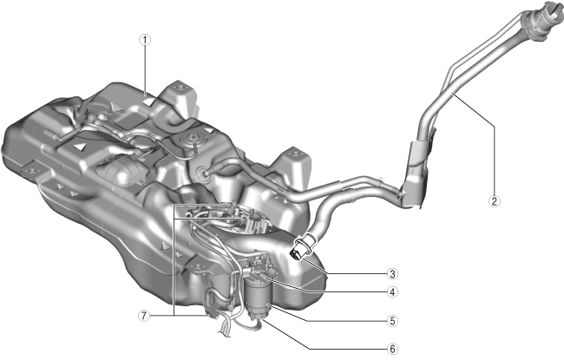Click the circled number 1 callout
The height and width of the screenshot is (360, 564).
[x=145, y=40]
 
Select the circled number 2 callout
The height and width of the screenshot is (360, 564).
[x=495, y=201]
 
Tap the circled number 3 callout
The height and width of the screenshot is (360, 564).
[x=392, y=274]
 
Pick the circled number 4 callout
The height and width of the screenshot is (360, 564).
[x=392, y=292]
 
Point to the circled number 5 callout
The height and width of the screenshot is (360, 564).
[x=392, y=321]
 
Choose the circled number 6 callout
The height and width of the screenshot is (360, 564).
[x=392, y=349]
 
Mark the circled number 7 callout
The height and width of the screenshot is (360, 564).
[x=144, y=316]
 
